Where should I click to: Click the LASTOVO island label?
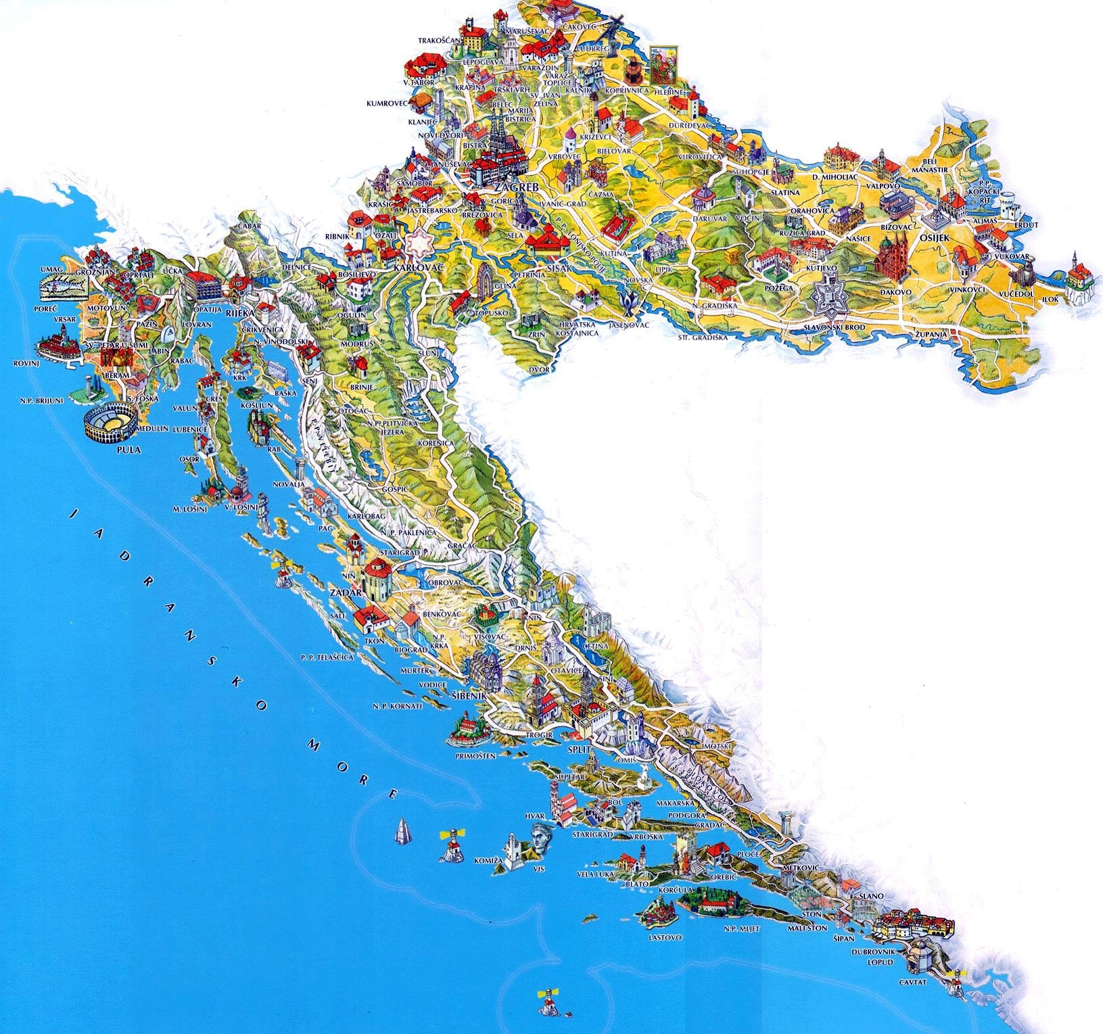pyautogui.click(x=665, y=937)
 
